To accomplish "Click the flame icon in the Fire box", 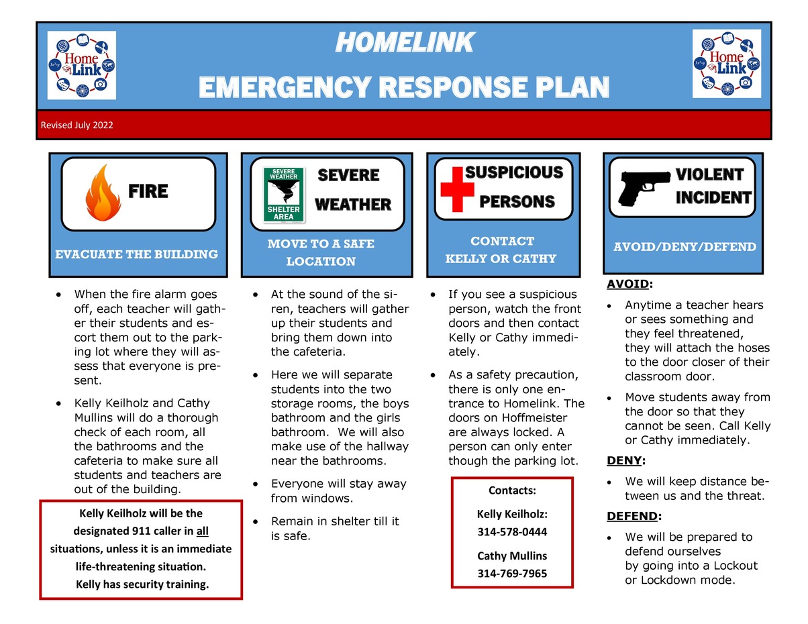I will coord(103,193).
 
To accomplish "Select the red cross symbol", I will coord(456,190).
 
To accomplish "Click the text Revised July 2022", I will coord(77,125).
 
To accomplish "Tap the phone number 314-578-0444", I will coord(512,532).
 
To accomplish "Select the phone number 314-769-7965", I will coord(512,574).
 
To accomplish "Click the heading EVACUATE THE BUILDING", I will coord(136,254).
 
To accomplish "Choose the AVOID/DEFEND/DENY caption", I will coord(685,247).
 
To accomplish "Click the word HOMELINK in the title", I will coord(404,44).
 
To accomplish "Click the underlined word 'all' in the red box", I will coord(202,531).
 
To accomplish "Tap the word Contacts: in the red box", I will coord(512,490).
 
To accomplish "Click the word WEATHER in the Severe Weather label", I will coord(352,205).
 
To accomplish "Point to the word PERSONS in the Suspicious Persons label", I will coord(517,202).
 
